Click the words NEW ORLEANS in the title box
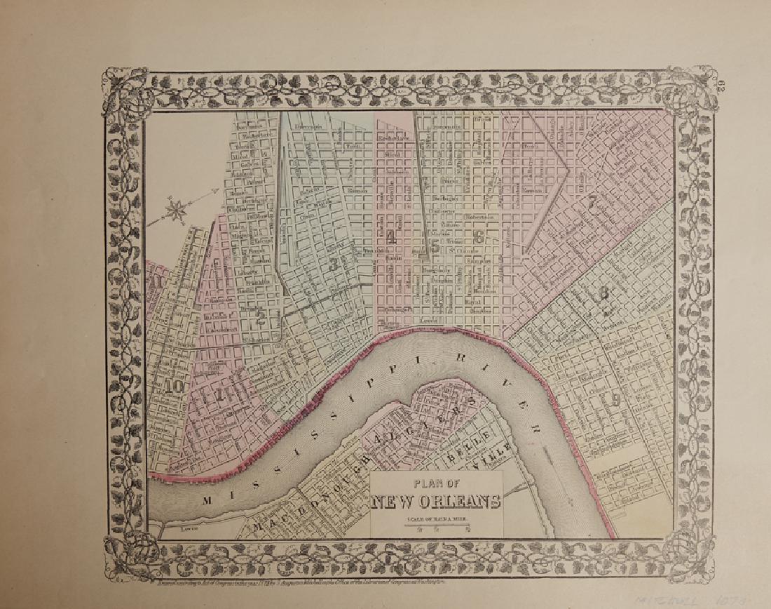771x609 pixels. pyautogui.click(x=436, y=501)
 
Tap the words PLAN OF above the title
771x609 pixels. pyautogui.click(x=436, y=483)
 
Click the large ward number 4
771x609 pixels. pyautogui.click(x=390, y=239)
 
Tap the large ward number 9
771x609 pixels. pyautogui.click(x=615, y=401)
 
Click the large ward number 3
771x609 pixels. pyautogui.click(x=334, y=265)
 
